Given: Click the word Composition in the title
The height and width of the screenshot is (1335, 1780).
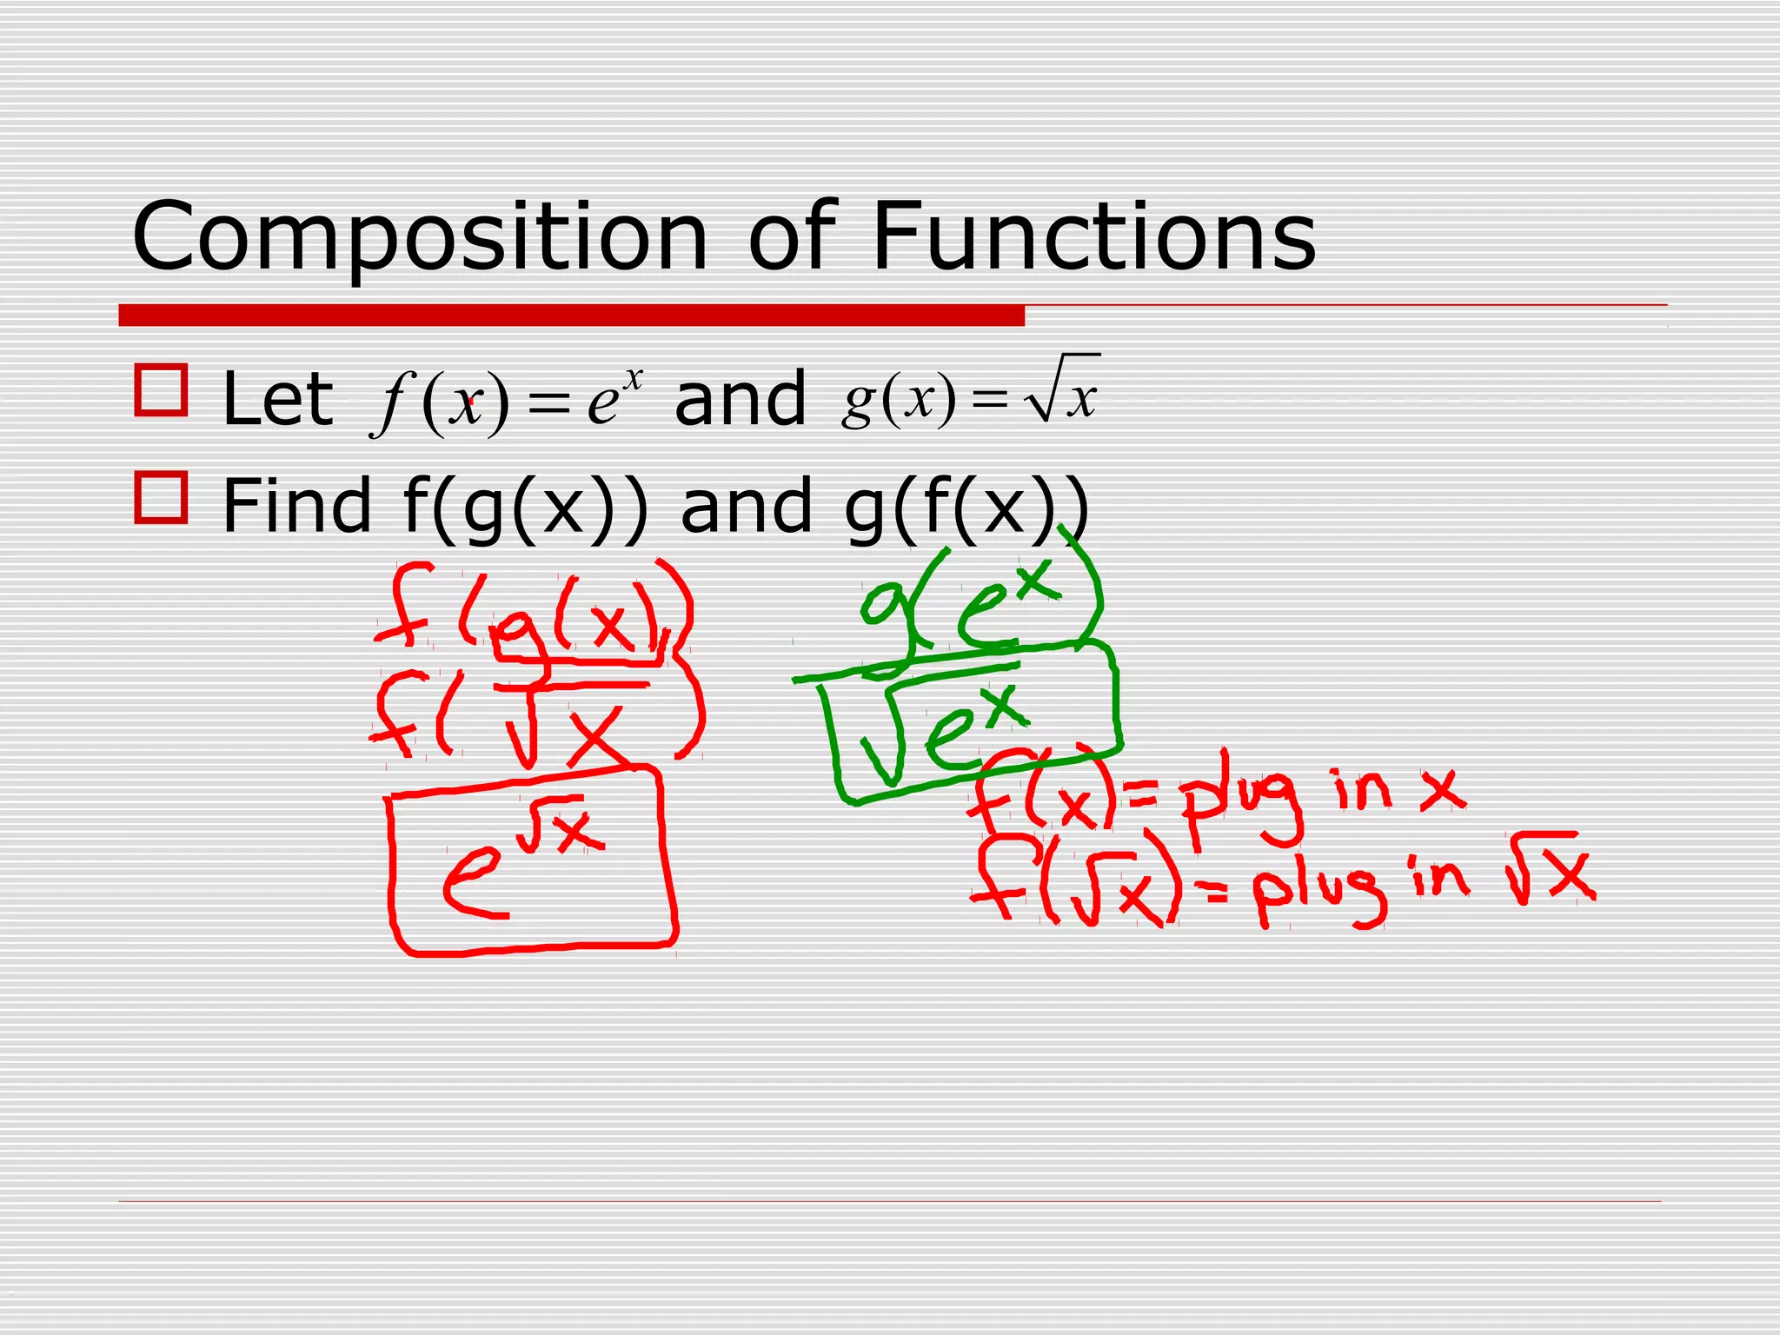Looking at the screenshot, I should tap(420, 237).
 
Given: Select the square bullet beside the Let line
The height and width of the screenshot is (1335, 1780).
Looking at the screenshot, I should tap(162, 390).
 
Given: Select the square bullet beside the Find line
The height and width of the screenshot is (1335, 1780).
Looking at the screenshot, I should tap(162, 497).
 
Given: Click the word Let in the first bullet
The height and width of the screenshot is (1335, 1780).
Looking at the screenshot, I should tap(277, 399).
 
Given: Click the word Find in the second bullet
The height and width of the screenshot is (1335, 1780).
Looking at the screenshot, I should tap(296, 506).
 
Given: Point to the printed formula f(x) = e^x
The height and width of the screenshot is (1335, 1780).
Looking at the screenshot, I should tap(507, 400).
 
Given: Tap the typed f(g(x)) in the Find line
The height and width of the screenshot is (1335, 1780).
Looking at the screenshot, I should tap(526, 508).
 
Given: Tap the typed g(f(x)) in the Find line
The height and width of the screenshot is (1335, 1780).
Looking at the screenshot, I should tap(966, 508).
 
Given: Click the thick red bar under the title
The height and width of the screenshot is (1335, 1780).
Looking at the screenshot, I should tap(571, 315).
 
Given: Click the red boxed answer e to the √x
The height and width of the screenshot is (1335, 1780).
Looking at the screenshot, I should tap(530, 860).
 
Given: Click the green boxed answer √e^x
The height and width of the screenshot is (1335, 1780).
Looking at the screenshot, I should tap(965, 726).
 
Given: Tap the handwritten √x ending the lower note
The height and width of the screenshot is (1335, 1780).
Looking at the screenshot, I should tap(1551, 869).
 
